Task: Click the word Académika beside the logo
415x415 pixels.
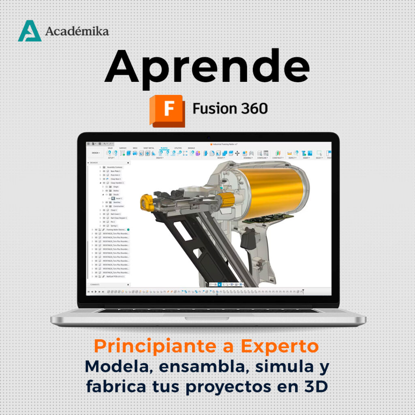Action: (x=77, y=31)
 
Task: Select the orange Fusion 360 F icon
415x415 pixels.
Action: (x=167, y=110)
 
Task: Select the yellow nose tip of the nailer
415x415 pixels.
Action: (x=147, y=202)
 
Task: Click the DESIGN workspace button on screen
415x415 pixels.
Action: (x=95, y=153)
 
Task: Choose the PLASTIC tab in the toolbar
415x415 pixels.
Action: (x=164, y=148)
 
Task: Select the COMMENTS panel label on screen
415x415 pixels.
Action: (x=95, y=285)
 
